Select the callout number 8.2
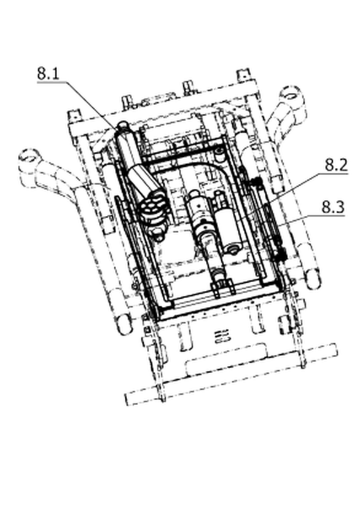(x=336, y=165)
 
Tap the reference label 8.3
(x=333, y=207)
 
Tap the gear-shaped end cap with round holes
(x=152, y=207)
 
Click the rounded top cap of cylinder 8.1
(x=123, y=125)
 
